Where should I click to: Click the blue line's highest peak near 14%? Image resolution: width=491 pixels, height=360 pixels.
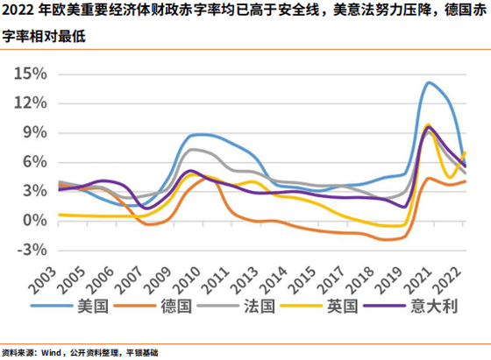coord(430,82)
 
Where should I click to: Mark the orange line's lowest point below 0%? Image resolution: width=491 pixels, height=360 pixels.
coord(389,238)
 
